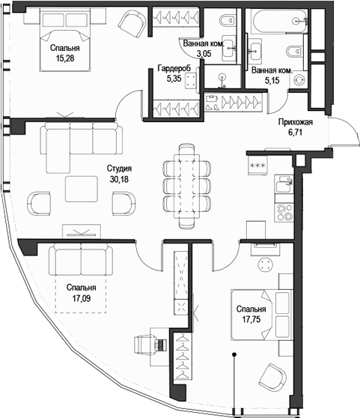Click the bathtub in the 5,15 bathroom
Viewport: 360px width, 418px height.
(269, 22)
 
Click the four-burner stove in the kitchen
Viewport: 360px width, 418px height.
(285, 212)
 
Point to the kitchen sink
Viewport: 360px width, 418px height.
(284, 181)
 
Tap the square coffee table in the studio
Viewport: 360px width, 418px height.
(81, 189)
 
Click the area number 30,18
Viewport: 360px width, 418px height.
(118, 179)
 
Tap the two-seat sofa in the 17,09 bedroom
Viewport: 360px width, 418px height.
(81, 260)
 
